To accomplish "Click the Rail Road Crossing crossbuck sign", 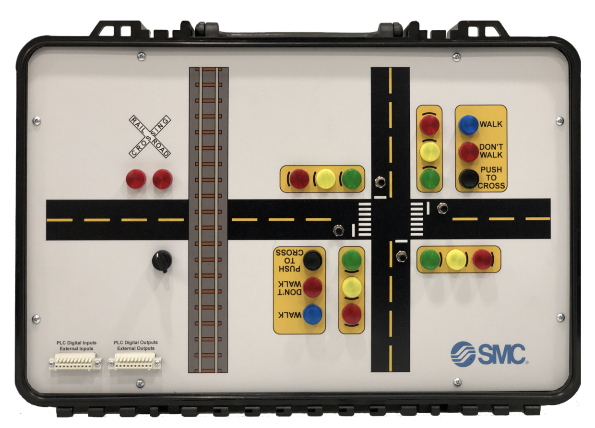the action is (x=150, y=137).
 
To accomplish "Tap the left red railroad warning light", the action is (x=136, y=179).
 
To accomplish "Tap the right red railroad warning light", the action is (x=162, y=179).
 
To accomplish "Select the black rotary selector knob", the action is (x=162, y=261).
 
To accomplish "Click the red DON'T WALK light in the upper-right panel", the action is (x=469, y=152).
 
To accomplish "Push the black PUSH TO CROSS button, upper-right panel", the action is (x=469, y=178).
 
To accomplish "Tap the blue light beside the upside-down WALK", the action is (x=312, y=314).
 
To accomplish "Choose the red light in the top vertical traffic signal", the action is (x=430, y=125).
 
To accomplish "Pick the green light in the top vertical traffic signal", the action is (x=430, y=178).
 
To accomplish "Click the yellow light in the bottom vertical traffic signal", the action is (x=352, y=287).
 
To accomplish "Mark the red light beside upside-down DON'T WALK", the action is (x=312, y=287).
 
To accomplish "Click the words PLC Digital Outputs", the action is (x=136, y=343).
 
